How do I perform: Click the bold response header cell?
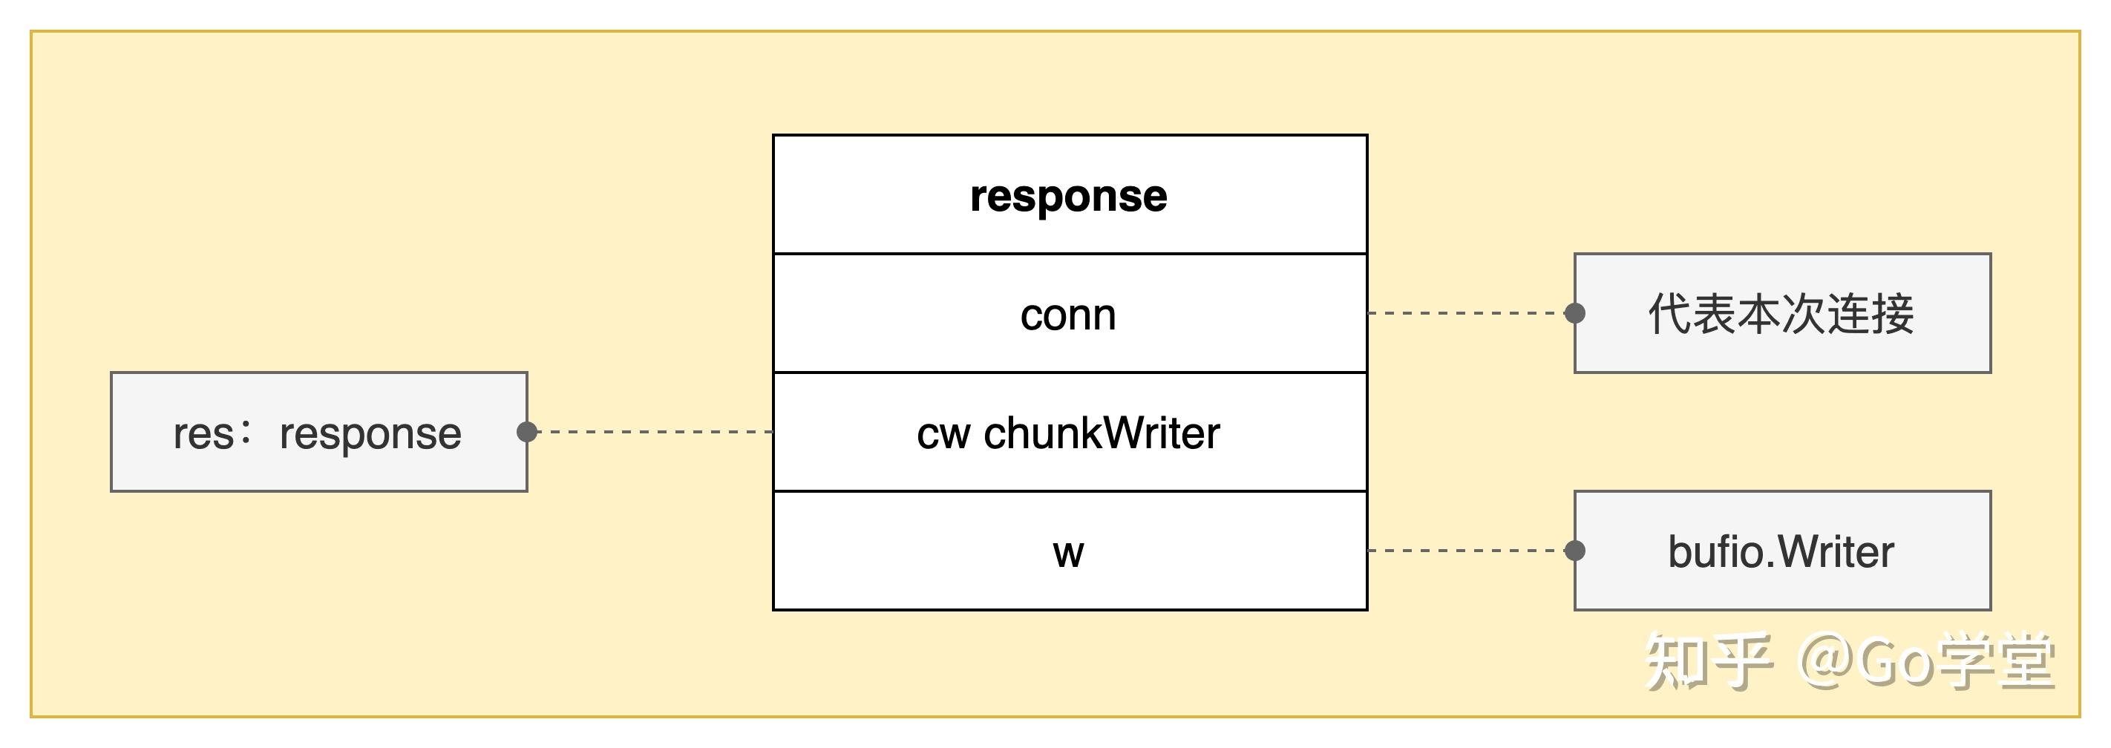pyautogui.click(x=1069, y=195)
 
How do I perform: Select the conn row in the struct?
pyautogui.click(x=1069, y=314)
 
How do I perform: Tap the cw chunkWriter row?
pyautogui.click(x=1069, y=433)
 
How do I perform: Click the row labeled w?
pyautogui.click(x=1069, y=551)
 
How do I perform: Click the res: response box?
pyautogui.click(x=318, y=433)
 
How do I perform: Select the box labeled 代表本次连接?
pyautogui.click(x=1781, y=314)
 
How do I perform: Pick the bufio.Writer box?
pyautogui.click(x=1781, y=551)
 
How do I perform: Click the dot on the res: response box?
pyautogui.click(x=527, y=432)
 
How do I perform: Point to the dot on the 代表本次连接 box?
pyautogui.click(x=1574, y=313)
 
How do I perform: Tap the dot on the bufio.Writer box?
pyautogui.click(x=1574, y=551)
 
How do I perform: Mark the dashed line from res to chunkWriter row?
pyautogui.click(x=652, y=432)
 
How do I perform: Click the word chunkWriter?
pyautogui.click(x=1102, y=433)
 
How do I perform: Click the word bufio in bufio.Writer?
pyautogui.click(x=1712, y=551)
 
